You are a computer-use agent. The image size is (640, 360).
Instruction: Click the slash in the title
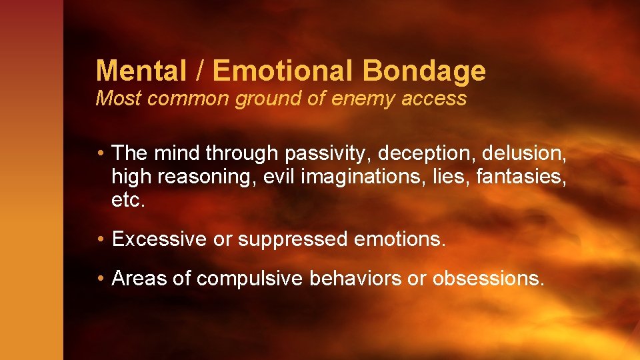(x=201, y=70)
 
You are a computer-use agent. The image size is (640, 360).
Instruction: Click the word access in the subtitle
(x=439, y=99)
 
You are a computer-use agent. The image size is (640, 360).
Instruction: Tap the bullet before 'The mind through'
(x=99, y=153)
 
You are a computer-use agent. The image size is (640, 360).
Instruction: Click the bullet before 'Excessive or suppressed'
(x=99, y=239)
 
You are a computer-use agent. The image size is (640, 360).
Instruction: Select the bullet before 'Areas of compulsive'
(x=99, y=279)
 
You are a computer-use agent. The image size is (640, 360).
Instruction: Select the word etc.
(x=128, y=200)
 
